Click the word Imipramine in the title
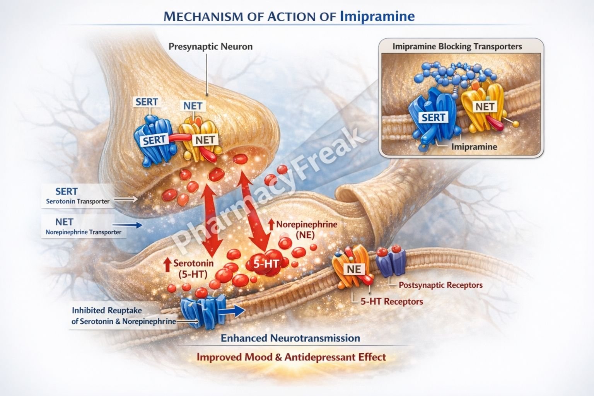click(377, 16)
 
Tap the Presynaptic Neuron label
click(210, 47)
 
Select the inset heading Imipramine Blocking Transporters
click(457, 47)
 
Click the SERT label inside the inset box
click(433, 117)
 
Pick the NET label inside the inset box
click(485, 106)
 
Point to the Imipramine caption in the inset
click(474, 147)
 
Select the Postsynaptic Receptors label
click(440, 285)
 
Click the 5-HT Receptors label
click(391, 302)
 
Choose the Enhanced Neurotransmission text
click(290, 338)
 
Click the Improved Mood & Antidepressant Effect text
click(291, 357)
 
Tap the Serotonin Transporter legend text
click(78, 201)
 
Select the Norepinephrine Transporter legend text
click(84, 232)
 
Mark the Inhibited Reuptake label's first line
click(107, 311)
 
